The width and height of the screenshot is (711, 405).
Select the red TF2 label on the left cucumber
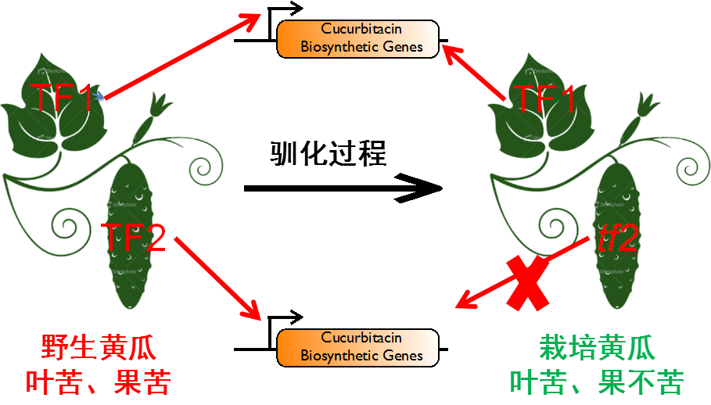pyautogui.click(x=135, y=237)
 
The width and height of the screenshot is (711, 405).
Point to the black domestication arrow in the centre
pyautogui.click(x=344, y=188)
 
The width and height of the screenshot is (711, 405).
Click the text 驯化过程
pyautogui.click(x=329, y=152)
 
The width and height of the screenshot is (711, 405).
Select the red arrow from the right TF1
pyautogui.click(x=475, y=73)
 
